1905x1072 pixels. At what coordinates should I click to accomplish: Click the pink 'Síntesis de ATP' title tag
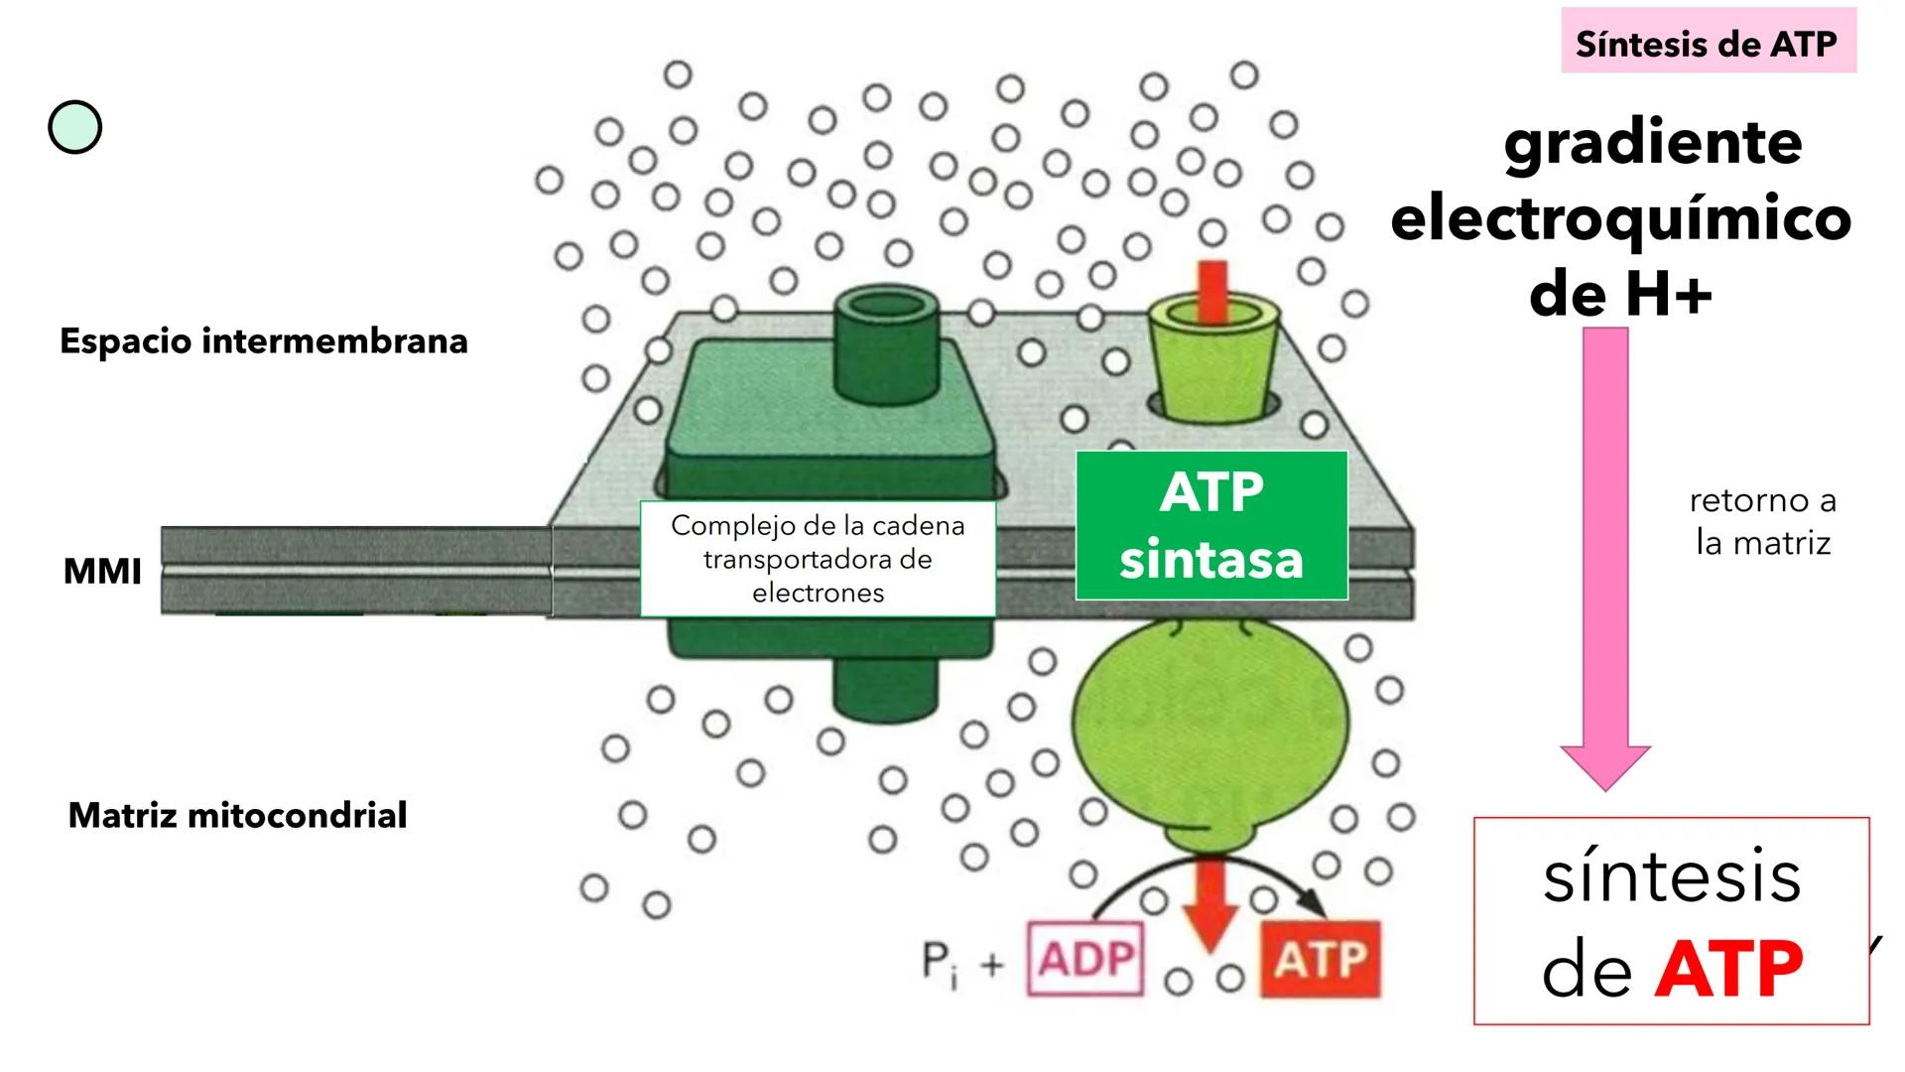click(1707, 43)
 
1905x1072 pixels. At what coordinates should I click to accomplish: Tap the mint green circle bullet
click(74, 128)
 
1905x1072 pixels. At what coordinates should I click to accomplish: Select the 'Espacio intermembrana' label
click(263, 340)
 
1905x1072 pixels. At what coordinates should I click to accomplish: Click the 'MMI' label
click(102, 572)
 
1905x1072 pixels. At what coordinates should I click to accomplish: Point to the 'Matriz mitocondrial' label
click(237, 815)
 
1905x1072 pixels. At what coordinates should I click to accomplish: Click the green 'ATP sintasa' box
click(1211, 525)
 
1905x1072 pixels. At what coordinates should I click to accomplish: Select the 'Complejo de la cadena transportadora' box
click(818, 559)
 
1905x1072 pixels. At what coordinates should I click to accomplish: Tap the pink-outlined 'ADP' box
click(1086, 959)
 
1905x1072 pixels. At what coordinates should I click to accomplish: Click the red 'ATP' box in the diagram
click(1320, 959)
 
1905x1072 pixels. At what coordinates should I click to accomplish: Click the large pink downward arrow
click(1605, 556)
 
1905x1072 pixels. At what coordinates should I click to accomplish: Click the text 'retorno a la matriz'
click(1762, 521)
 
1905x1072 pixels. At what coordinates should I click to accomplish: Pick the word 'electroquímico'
click(1620, 218)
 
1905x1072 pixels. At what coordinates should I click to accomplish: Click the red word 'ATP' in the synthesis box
click(1728, 968)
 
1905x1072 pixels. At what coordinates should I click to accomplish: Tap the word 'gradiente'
click(1652, 144)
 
